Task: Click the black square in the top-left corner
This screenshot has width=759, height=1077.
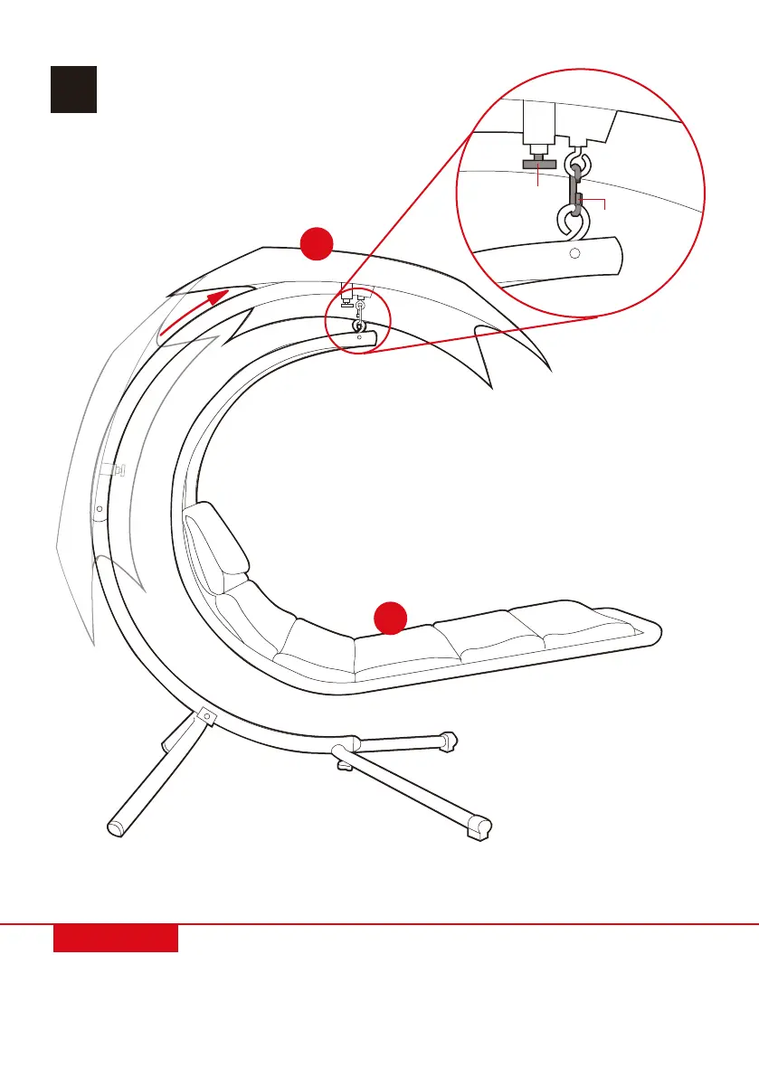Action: [x=73, y=89]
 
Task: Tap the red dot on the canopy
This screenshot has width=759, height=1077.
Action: [x=318, y=243]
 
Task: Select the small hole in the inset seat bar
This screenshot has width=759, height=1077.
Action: [x=574, y=254]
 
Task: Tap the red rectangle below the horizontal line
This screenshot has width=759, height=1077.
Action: [x=115, y=938]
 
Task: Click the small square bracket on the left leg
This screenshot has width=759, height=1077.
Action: [x=206, y=716]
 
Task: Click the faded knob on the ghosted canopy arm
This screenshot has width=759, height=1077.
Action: [x=111, y=469]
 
